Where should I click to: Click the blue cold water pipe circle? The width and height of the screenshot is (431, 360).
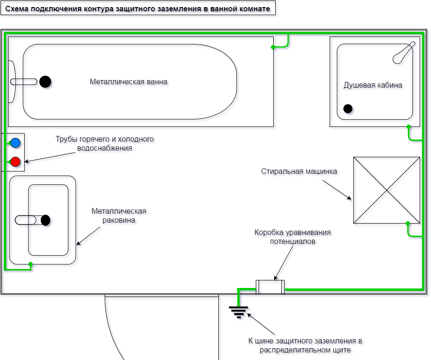pos(16,143)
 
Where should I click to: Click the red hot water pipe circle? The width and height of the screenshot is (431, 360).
pos(16,162)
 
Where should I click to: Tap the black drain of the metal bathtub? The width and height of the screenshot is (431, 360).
pos(45,81)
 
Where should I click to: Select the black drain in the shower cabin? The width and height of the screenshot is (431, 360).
pos(348,108)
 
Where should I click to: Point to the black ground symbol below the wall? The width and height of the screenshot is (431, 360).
pos(239,311)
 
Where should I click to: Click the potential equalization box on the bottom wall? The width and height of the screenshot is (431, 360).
pos(270,287)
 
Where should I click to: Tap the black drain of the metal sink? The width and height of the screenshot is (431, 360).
pos(45,220)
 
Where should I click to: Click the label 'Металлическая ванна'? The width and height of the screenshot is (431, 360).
pos(128,81)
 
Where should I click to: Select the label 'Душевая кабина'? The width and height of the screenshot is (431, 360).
pos(373,85)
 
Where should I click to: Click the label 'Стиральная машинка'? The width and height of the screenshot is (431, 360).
pos(299,171)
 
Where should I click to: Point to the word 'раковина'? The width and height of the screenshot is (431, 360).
pos(119,220)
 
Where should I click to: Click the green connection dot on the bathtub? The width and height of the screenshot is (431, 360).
pos(273,47)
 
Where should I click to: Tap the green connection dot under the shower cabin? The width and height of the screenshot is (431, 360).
pos(408,126)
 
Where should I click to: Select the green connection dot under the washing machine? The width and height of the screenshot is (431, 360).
pos(407,223)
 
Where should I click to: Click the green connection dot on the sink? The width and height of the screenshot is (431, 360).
pos(30,264)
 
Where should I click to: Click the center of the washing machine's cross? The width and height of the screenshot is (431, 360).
pos(386,190)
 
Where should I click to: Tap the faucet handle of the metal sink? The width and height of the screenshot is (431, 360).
pos(26,220)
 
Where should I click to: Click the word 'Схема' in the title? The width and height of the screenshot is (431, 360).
pos(17,9)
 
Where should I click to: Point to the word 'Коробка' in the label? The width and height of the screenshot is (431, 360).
pos(269,233)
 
